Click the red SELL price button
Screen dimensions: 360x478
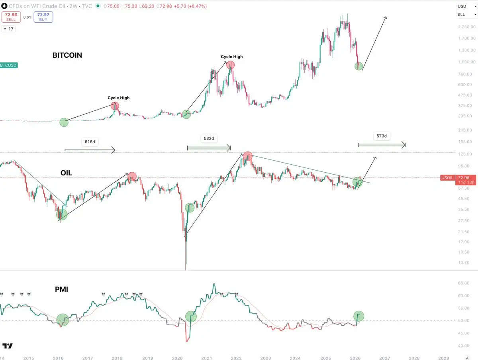11,17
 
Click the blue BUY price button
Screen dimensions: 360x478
43,17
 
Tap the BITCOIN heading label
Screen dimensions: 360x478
67,55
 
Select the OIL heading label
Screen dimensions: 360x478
66,173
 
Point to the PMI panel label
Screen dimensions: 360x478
61,289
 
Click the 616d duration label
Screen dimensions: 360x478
90,142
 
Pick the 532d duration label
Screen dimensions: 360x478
209,138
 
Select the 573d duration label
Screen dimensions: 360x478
382,136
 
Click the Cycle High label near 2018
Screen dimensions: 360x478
118,98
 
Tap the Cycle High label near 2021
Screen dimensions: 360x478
232,57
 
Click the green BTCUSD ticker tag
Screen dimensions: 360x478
8,65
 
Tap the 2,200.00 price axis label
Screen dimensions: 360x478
467,27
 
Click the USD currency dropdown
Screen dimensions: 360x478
466,6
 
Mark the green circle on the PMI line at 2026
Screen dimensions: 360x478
359,316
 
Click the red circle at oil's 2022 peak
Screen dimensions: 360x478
248,156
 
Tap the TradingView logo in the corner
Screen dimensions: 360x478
8,346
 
